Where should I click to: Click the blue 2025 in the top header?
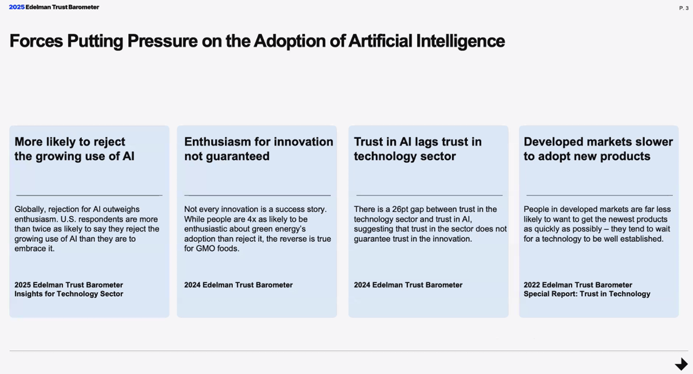pos(17,7)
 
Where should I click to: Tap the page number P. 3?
pos(684,8)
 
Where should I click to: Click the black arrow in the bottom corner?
pos(681,364)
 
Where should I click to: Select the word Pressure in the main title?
pos(162,41)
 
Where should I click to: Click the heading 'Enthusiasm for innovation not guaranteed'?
pos(259,149)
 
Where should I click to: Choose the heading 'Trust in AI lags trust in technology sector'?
pos(417,149)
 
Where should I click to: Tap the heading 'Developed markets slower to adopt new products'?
pos(598,149)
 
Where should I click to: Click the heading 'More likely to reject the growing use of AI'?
pos(74,149)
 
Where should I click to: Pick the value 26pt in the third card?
pos(400,209)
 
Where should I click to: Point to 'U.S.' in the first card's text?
pos(67,219)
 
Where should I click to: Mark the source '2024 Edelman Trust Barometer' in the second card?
pos(238,285)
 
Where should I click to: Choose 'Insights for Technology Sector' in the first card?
pos(69,294)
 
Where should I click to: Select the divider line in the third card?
pos(429,195)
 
